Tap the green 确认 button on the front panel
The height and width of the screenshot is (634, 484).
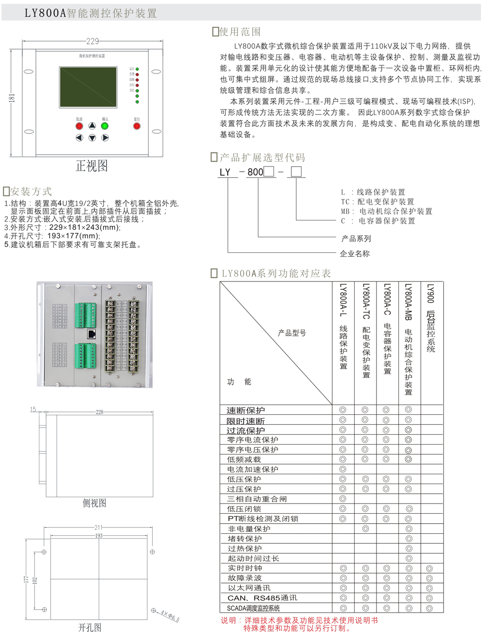pos(105,126)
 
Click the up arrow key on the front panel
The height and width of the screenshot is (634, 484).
pos(92,126)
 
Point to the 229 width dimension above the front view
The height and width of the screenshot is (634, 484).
pos(92,41)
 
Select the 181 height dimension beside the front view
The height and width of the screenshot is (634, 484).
pos(12,98)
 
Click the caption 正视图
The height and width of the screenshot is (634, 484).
pos(91,166)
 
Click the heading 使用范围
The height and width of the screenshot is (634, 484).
pos(240,32)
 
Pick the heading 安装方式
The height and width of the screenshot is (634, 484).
pos(31,191)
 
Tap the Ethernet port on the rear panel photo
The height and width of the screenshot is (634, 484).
pos(91,334)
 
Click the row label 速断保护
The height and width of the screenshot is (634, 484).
pos(246,410)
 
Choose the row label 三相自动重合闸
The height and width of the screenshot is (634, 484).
pos(257,499)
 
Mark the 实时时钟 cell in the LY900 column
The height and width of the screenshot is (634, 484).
pos(429,568)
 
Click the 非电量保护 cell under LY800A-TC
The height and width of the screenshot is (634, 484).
pos(365,529)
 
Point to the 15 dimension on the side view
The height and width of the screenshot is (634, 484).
pos(33,410)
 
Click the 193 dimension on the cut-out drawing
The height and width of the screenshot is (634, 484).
pos(99,536)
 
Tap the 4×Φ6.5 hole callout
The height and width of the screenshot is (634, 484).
pos(170,615)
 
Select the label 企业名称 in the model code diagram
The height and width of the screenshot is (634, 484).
pos(355,254)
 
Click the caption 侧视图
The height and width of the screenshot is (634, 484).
pos(94,503)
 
